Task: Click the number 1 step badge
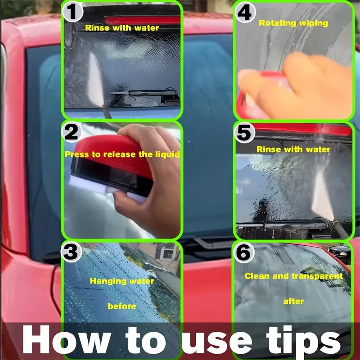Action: [x=72, y=12]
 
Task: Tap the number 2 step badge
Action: [x=72, y=132]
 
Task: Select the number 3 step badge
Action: [x=71, y=252]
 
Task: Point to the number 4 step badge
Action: [x=245, y=13]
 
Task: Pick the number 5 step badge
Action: [x=244, y=133]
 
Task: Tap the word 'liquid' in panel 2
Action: [x=167, y=154]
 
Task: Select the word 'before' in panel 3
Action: [x=122, y=306]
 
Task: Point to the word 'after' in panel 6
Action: [x=293, y=301]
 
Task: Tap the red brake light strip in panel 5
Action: [x=301, y=129]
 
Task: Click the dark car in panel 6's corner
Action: [x=340, y=254]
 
